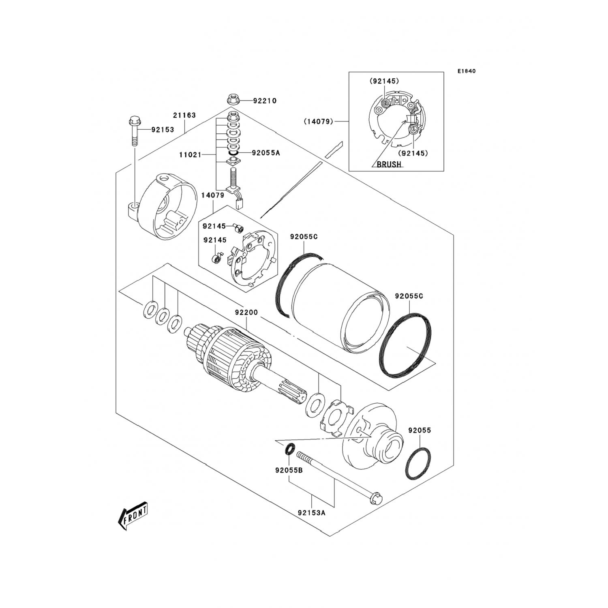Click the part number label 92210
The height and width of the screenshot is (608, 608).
click(x=265, y=101)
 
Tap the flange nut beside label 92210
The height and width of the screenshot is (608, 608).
click(x=233, y=99)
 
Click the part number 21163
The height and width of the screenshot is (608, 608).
click(x=184, y=116)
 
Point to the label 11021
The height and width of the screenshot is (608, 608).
click(x=190, y=155)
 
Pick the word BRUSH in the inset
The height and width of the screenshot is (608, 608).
click(x=389, y=165)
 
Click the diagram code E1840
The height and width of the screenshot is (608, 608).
click(x=467, y=71)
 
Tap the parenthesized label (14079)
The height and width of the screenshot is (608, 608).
click(x=318, y=121)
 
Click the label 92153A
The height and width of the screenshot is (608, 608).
click(x=311, y=512)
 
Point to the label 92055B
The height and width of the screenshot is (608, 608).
click(x=289, y=471)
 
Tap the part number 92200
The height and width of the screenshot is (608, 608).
click(x=246, y=313)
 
